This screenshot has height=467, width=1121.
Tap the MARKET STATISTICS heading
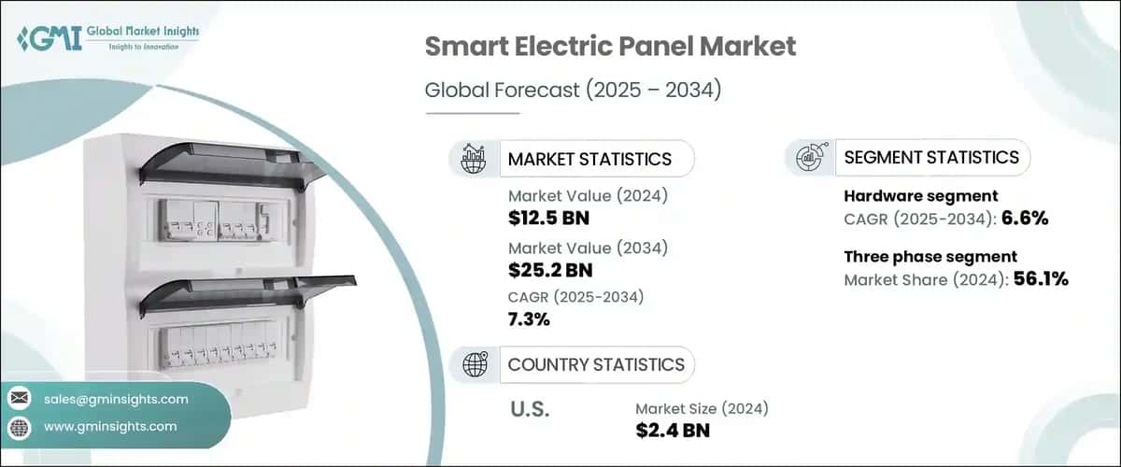589,159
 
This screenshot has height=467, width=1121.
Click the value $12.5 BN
548,219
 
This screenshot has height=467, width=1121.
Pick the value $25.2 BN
550,271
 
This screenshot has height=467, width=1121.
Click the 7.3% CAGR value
529,319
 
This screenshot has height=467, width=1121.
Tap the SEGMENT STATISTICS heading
931,158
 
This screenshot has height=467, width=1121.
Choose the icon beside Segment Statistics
809,158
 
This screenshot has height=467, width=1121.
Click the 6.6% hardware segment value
1028,219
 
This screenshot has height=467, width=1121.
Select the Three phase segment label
930,256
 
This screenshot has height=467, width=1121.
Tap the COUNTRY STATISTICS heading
596,364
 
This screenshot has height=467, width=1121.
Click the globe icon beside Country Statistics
475,364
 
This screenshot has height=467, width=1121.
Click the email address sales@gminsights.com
116,399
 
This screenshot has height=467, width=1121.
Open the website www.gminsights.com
110,426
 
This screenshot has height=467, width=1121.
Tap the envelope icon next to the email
20,399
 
